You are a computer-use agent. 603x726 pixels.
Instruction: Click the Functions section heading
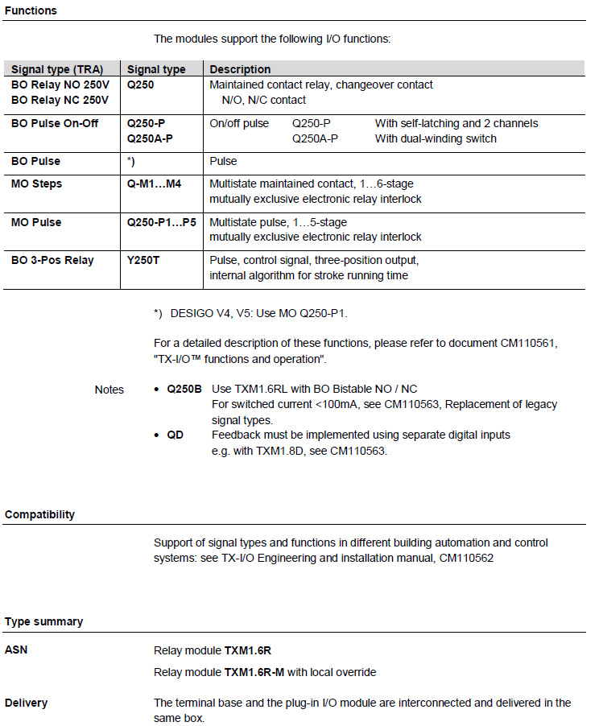coord(31,10)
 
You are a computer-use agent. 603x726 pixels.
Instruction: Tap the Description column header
coord(240,69)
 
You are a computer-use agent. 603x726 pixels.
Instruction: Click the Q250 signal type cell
coord(141,85)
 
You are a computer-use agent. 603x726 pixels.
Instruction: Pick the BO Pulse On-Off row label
coord(55,123)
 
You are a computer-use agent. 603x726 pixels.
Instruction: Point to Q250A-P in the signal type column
coord(150,138)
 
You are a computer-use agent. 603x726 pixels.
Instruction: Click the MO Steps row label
coord(37,184)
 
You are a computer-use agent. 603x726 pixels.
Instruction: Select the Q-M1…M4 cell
coord(155,184)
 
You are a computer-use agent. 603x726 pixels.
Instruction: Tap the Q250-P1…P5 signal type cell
coord(161,222)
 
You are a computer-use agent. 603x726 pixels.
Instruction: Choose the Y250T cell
coord(144,260)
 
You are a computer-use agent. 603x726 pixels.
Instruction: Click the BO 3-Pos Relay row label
coord(52,260)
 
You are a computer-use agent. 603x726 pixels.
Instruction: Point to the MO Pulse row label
coord(36,222)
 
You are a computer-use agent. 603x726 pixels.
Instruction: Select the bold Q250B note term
coord(184,389)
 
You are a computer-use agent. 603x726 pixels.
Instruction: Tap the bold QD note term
coord(176,435)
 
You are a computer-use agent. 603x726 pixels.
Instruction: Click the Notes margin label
coord(109,390)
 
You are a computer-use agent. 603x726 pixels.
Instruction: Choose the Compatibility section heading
coord(39,514)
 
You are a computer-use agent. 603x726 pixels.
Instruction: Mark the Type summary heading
coord(43,621)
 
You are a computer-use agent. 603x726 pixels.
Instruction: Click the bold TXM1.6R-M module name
coord(256,672)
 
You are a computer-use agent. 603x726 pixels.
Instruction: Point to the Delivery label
coord(27,703)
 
